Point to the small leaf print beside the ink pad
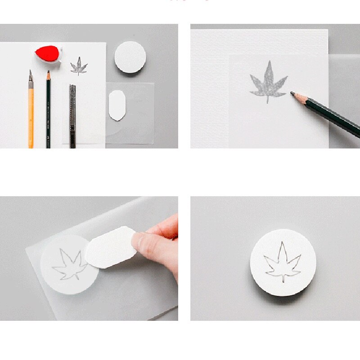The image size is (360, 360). tap(79, 66)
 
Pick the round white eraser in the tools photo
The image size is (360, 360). tap(130, 57)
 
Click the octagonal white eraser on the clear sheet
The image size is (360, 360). tap(117, 105)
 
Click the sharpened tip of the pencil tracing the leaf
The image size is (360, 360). tap(292, 93)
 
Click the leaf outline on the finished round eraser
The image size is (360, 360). tap(283, 263)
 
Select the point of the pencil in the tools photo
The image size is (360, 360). tap(48, 72)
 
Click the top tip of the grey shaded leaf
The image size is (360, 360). tap(269, 62)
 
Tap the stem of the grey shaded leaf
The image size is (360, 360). tap(268, 100)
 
